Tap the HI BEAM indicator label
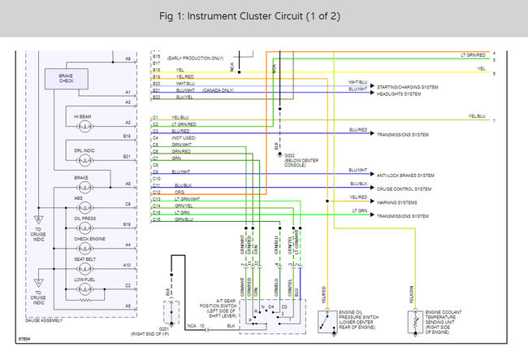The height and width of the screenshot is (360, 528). tap(82, 116)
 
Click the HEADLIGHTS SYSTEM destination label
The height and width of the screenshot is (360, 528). tap(399, 93)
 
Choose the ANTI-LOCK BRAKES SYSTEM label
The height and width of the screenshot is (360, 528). tap(405, 175)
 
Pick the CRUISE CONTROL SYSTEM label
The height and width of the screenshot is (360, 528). tap(404, 189)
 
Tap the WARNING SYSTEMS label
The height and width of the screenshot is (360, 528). tap(397, 202)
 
